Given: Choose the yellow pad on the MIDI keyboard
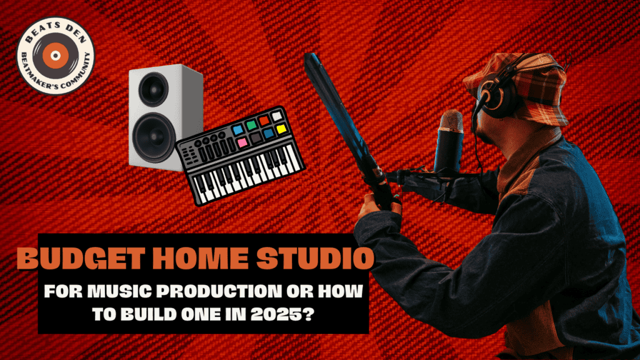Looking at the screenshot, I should (281, 128).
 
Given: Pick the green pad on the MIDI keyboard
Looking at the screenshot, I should (251, 124).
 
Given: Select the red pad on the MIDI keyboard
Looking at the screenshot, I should (264, 120).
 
